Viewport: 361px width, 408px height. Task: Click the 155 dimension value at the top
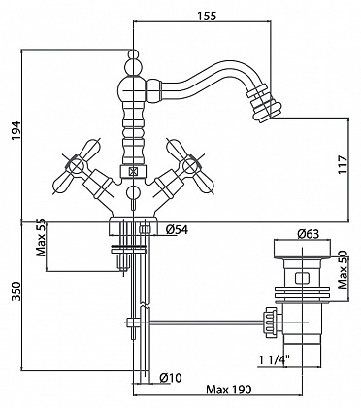tap(206, 16)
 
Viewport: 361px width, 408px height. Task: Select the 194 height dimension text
tap(16, 131)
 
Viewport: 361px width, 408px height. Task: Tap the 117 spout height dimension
tap(343, 164)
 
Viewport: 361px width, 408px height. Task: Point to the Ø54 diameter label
tap(177, 229)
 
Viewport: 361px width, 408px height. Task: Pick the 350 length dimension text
tap(16, 291)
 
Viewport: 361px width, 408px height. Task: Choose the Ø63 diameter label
tap(308, 233)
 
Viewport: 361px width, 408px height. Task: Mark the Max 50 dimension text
tap(343, 269)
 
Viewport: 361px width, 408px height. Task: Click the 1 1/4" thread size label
tap(274, 359)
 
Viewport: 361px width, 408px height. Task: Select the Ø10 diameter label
tap(171, 377)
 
